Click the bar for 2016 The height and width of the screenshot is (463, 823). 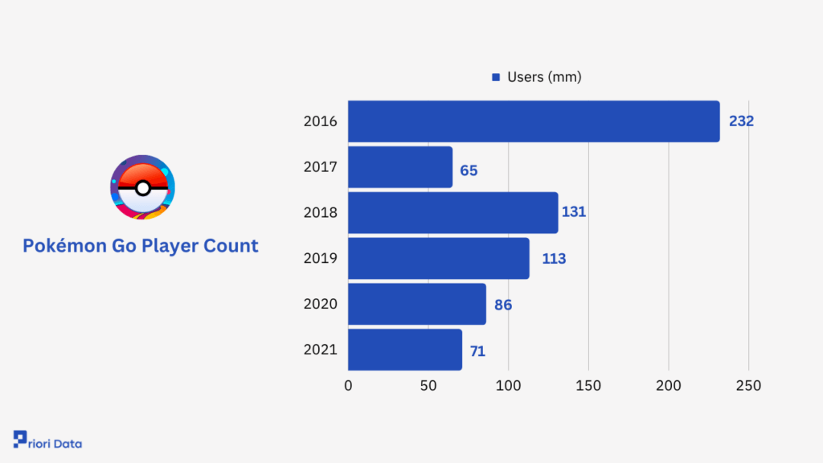coord(534,121)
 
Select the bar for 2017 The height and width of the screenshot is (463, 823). coord(400,167)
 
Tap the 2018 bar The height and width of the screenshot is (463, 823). coord(452,213)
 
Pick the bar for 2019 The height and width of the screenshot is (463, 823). coord(438,258)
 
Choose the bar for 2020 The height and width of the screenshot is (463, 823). coord(416,304)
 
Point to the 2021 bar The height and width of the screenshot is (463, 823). coord(404,350)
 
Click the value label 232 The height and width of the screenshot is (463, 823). coord(741,121)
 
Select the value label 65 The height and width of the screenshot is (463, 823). coord(469,170)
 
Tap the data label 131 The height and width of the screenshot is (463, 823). coord(574,213)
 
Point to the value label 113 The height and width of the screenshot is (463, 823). coord(554,259)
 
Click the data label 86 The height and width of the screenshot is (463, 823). coord(503,305)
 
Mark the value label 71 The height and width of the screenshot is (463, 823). coord(477,351)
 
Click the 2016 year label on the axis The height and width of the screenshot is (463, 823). coord(320,122)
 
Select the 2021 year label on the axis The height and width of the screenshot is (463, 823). coord(320,350)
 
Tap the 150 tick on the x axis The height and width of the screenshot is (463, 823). coord(588,386)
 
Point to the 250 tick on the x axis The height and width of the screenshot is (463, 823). coord(748,386)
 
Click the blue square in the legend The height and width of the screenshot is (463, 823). coord(496,78)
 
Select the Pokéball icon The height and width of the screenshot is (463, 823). coord(142,187)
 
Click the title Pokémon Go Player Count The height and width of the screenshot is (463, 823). coord(141,246)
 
